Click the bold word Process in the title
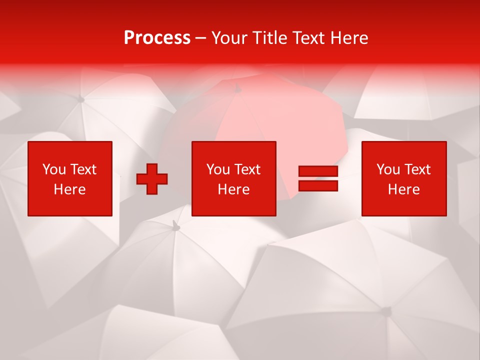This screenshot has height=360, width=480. coord(157,38)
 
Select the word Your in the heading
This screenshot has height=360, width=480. coord(230,38)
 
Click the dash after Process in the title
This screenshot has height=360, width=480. coord(201,38)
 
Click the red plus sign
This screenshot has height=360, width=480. coord(152,179)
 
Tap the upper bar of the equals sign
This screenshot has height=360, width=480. coord(318,171)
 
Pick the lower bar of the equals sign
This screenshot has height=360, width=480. coord(318,185)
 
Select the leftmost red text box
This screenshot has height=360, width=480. coord(70,178)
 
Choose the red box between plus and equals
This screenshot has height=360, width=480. coord(234,178)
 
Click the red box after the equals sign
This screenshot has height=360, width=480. coord(404,178)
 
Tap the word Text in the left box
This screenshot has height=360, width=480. coord(83,169)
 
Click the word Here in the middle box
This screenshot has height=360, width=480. coord(234,189)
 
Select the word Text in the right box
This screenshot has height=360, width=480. coord(417,169)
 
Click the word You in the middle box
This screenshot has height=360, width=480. coord(218,169)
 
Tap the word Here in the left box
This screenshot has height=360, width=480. coord(70,189)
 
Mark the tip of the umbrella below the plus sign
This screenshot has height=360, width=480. coord(175,227)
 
